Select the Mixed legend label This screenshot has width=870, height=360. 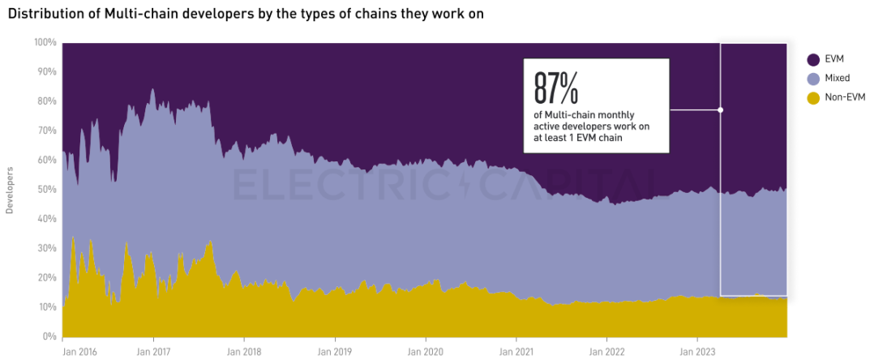pyautogui.click(x=838, y=79)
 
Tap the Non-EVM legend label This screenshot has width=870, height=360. pyautogui.click(x=845, y=98)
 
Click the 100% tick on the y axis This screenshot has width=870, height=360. pyautogui.click(x=45, y=42)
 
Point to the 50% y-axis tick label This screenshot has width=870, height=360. pyautogui.click(x=47, y=189)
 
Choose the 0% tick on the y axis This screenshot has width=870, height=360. pyautogui.click(x=49, y=336)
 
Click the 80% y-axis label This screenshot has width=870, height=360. pyautogui.click(x=47, y=101)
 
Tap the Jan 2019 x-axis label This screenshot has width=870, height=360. pyautogui.click(x=334, y=353)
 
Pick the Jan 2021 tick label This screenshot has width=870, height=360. pyautogui.click(x=516, y=353)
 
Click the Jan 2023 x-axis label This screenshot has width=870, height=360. pyautogui.click(x=696, y=353)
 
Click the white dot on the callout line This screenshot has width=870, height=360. pyautogui.click(x=720, y=109)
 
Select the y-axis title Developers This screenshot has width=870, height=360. pyautogui.click(x=10, y=191)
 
